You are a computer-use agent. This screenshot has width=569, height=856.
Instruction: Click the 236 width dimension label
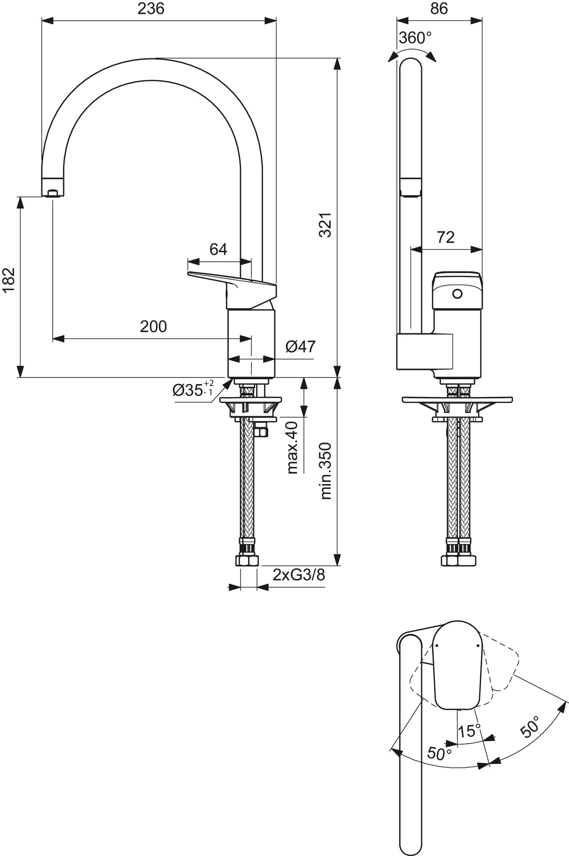(x=151, y=9)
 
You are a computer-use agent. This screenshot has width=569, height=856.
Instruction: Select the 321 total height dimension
(x=325, y=225)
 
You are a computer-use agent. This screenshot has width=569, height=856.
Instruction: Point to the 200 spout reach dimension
(x=153, y=326)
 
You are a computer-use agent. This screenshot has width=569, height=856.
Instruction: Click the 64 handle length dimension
(x=218, y=249)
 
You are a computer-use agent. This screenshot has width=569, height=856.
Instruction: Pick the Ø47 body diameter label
(x=300, y=347)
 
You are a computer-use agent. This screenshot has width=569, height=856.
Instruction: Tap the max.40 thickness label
(x=293, y=447)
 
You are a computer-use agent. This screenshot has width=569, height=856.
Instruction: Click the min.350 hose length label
(x=326, y=470)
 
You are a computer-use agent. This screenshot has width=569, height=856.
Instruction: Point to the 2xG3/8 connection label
(x=298, y=575)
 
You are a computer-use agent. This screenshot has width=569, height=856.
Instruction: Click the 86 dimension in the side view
(x=439, y=9)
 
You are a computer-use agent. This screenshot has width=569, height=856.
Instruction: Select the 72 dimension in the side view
(x=445, y=237)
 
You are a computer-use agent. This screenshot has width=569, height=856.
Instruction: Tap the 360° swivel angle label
(x=415, y=38)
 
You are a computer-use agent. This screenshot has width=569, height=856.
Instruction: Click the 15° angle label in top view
(x=469, y=731)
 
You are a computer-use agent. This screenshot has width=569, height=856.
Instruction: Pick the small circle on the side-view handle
(x=457, y=294)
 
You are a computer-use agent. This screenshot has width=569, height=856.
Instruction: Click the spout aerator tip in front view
(x=53, y=192)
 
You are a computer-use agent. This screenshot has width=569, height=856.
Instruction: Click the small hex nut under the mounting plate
(x=261, y=431)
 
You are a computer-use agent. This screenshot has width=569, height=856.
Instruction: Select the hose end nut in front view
(x=247, y=561)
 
